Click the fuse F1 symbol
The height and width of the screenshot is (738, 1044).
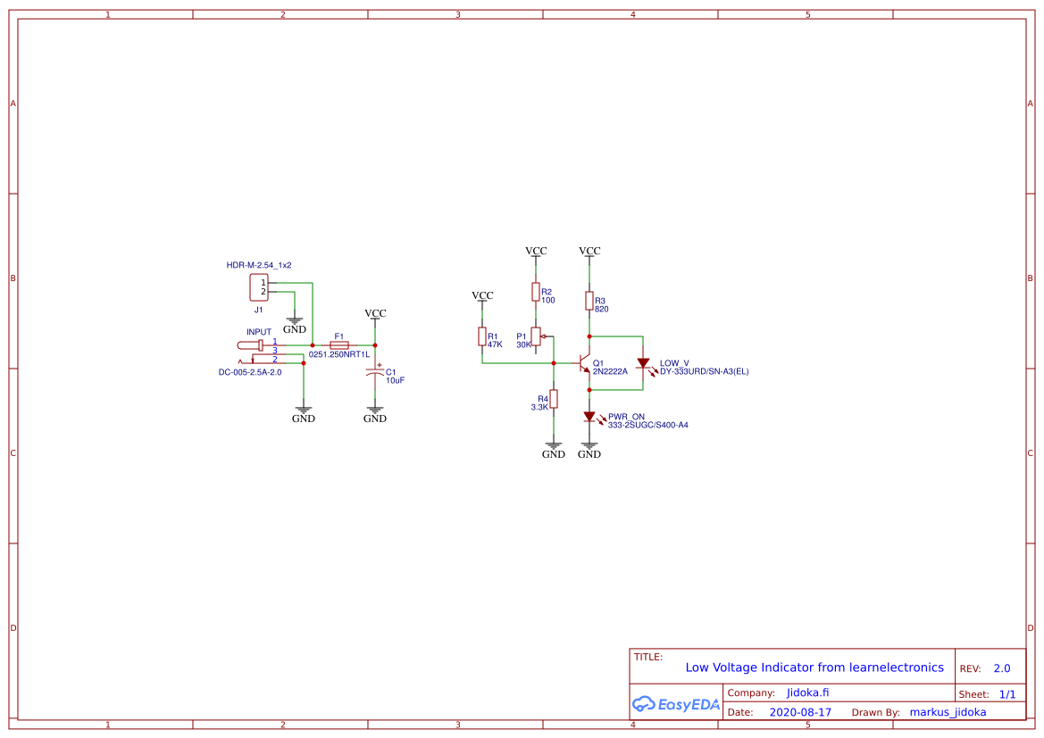pyautogui.click(x=339, y=344)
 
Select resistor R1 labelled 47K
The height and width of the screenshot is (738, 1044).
pyautogui.click(x=482, y=336)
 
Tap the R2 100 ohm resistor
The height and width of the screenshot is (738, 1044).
pyautogui.click(x=536, y=292)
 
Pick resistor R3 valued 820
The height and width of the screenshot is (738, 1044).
pyautogui.click(x=589, y=301)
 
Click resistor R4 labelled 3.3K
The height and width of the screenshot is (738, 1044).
pyautogui.click(x=554, y=399)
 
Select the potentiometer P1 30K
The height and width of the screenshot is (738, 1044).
pyautogui.click(x=536, y=336)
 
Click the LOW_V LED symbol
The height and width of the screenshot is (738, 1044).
pyautogui.click(x=643, y=363)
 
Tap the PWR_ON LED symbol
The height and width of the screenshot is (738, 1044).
pyautogui.click(x=589, y=417)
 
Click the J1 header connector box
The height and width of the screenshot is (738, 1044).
pyautogui.click(x=259, y=287)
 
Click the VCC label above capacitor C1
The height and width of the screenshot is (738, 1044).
pyautogui.click(x=375, y=313)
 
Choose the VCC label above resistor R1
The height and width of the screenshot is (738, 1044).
pyautogui.click(x=482, y=295)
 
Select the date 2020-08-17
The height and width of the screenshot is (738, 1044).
pyautogui.click(x=800, y=712)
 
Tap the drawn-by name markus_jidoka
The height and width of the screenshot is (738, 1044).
pyautogui.click(x=948, y=712)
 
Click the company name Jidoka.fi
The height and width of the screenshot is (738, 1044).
pyautogui.click(x=808, y=692)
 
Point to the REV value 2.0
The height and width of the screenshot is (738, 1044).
pyautogui.click(x=1001, y=668)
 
